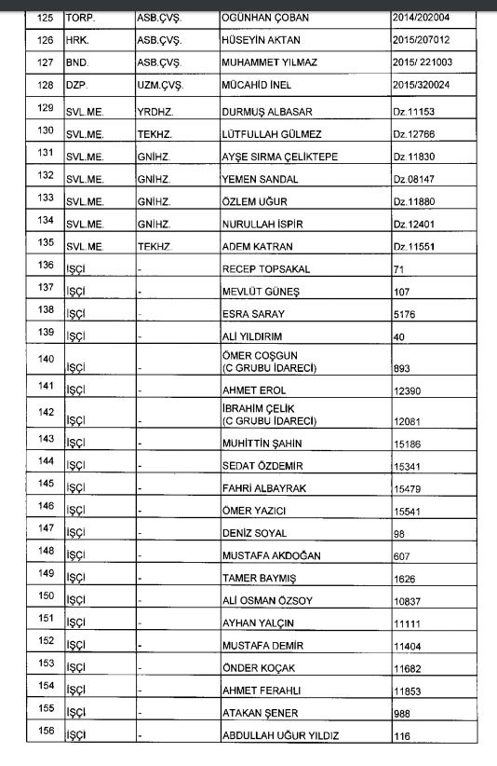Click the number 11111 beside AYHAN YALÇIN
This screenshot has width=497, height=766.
point(407,623)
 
